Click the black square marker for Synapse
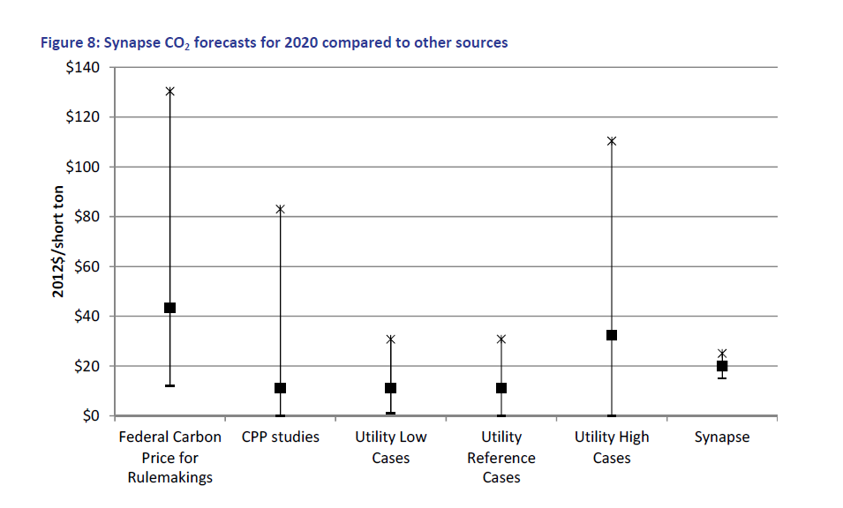coord(722,366)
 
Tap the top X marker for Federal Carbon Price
coord(169,92)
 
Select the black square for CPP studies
coord(280,388)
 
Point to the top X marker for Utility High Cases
coord(611,141)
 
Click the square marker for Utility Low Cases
coord(391,388)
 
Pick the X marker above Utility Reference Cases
coord(501,340)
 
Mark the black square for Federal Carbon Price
coord(169,308)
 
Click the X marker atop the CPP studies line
coord(280,209)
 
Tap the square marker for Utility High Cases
coord(611,335)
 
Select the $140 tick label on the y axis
coord(83,67)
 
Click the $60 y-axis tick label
coord(87,266)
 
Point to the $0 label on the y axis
coord(91,415)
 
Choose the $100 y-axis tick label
coord(83,167)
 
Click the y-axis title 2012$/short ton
coord(58,242)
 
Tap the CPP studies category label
coord(280,437)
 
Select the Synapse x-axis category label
coord(722,437)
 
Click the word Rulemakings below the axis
coord(169,478)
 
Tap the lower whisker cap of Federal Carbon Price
coord(169,385)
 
